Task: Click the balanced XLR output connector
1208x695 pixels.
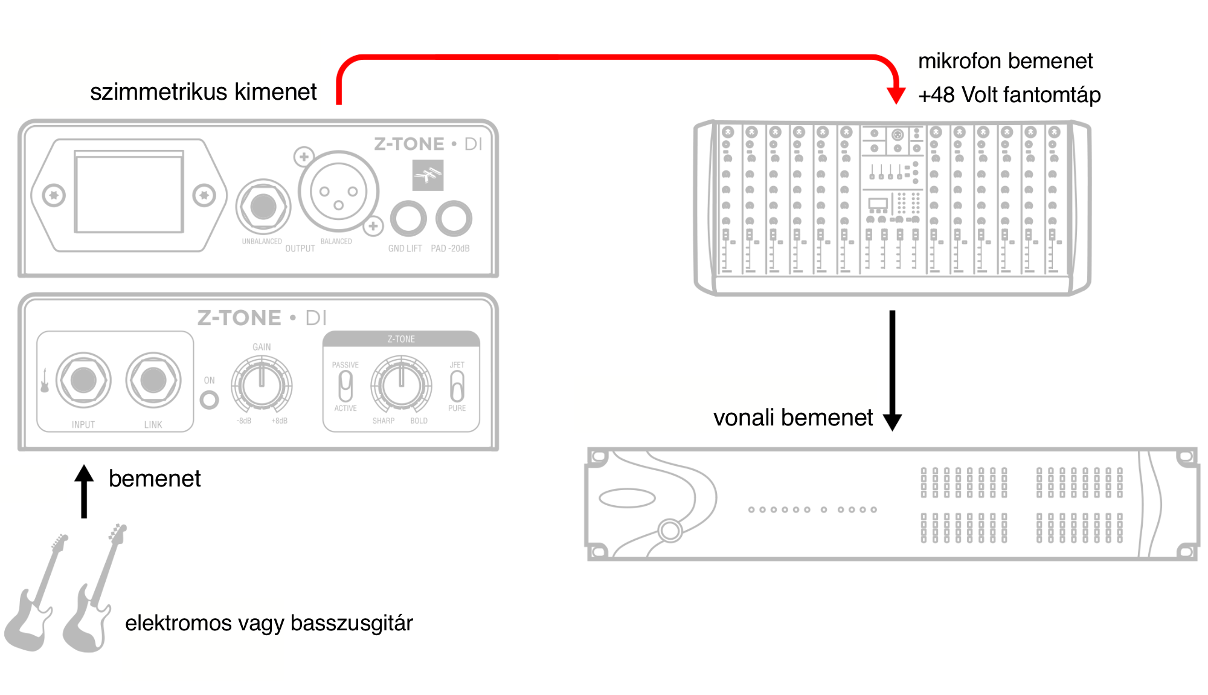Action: [338, 192]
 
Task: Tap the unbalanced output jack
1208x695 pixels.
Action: [263, 207]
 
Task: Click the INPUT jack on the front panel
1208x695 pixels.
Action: [83, 380]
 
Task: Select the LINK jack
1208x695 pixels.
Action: [153, 380]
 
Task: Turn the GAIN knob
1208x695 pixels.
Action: [262, 384]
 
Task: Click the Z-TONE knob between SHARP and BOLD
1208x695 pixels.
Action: [401, 384]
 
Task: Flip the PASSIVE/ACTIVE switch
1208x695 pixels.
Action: [345, 386]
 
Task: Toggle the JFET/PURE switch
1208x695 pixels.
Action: [457, 386]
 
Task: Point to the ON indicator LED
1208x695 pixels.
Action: [209, 399]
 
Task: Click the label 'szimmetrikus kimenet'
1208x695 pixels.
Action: [203, 92]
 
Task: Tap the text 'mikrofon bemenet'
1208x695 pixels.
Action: [1005, 61]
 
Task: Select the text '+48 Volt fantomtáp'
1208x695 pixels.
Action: [1009, 95]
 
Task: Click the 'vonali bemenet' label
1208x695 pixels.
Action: [792, 418]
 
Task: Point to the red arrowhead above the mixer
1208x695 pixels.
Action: [896, 95]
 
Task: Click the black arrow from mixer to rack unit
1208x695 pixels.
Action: [892, 369]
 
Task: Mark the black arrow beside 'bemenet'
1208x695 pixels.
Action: [84, 491]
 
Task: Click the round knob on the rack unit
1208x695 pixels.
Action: [670, 531]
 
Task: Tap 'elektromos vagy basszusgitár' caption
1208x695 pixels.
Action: [269, 623]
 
